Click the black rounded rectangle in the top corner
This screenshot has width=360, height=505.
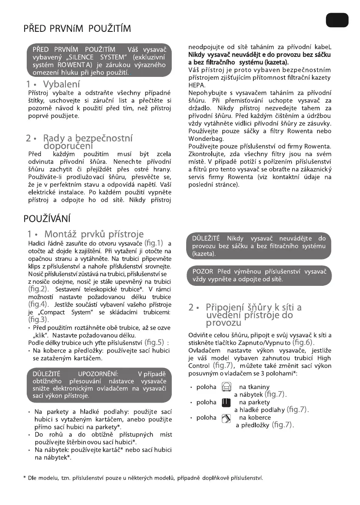point(336,20)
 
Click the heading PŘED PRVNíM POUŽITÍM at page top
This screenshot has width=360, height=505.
point(77,29)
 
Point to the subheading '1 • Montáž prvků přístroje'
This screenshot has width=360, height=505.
point(85,234)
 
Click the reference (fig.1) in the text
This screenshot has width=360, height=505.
point(154,243)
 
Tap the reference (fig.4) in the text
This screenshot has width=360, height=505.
point(37,304)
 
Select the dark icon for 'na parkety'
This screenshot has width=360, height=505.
point(226,402)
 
